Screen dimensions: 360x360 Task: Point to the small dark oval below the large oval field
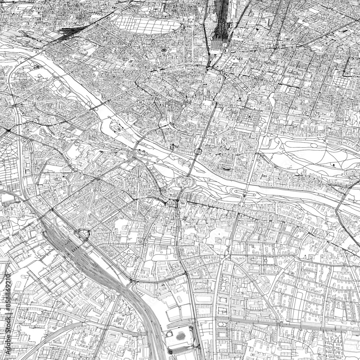click(164, 50)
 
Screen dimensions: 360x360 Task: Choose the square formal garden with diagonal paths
click(248, 117)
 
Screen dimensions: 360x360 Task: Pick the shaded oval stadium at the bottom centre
click(180, 336)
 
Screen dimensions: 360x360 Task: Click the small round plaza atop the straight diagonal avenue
click(95, 190)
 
